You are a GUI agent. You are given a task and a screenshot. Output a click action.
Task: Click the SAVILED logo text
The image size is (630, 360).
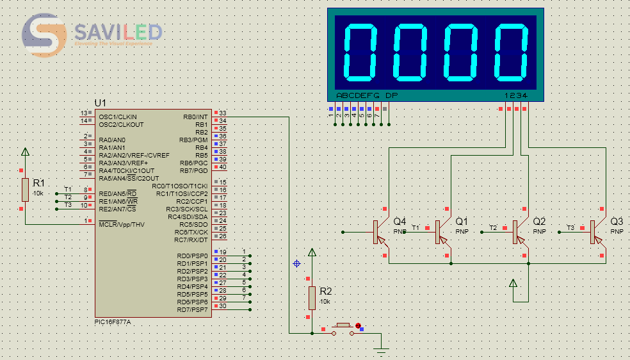pyautogui.click(x=118, y=32)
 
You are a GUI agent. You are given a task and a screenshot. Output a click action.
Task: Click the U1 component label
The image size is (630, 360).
pyautogui.click(x=100, y=103)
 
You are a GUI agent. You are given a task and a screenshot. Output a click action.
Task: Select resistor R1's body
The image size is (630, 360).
pyautogui.click(x=25, y=190)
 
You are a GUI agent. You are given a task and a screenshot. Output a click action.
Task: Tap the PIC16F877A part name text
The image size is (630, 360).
pyautogui.click(x=112, y=322)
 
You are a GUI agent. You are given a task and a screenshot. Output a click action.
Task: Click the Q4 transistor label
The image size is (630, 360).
pyautogui.click(x=400, y=221)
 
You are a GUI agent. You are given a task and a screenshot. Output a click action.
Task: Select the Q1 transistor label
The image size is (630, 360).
pyautogui.click(x=462, y=221)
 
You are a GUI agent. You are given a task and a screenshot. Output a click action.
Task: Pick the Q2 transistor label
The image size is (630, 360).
pyautogui.click(x=539, y=221)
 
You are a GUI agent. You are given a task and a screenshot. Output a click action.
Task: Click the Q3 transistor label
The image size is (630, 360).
pyautogui.click(x=617, y=221)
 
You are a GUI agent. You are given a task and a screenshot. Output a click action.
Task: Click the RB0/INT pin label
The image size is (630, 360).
pyautogui.click(x=195, y=117)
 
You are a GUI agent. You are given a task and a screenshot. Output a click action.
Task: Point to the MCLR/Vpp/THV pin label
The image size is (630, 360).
pyautogui.click(x=122, y=225)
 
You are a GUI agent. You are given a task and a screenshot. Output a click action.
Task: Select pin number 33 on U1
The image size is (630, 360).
pyautogui.click(x=222, y=113)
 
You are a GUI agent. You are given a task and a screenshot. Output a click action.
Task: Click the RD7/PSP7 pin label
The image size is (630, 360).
pyautogui.click(x=193, y=310)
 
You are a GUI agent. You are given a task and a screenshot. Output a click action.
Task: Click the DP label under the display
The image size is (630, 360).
pyautogui.click(x=391, y=95)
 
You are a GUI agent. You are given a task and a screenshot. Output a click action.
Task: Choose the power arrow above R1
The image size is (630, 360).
pyautogui.click(x=25, y=152)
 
